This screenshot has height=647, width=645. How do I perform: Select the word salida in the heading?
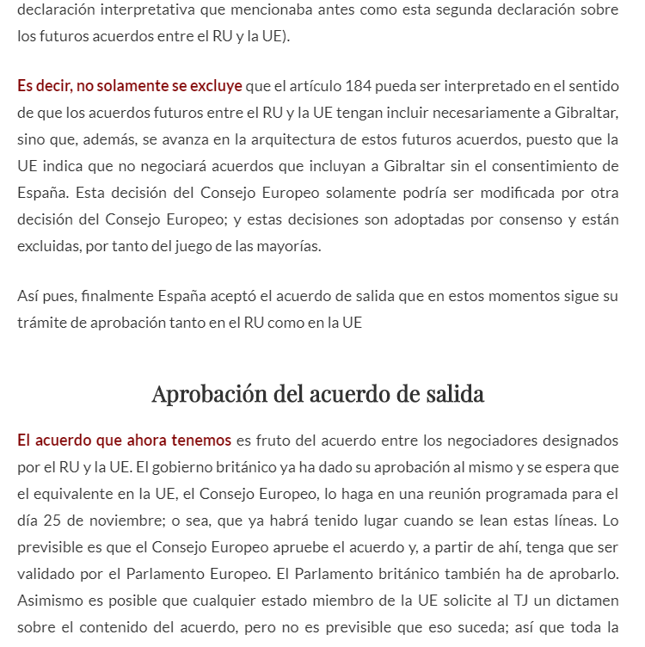pyautogui.click(x=455, y=394)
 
